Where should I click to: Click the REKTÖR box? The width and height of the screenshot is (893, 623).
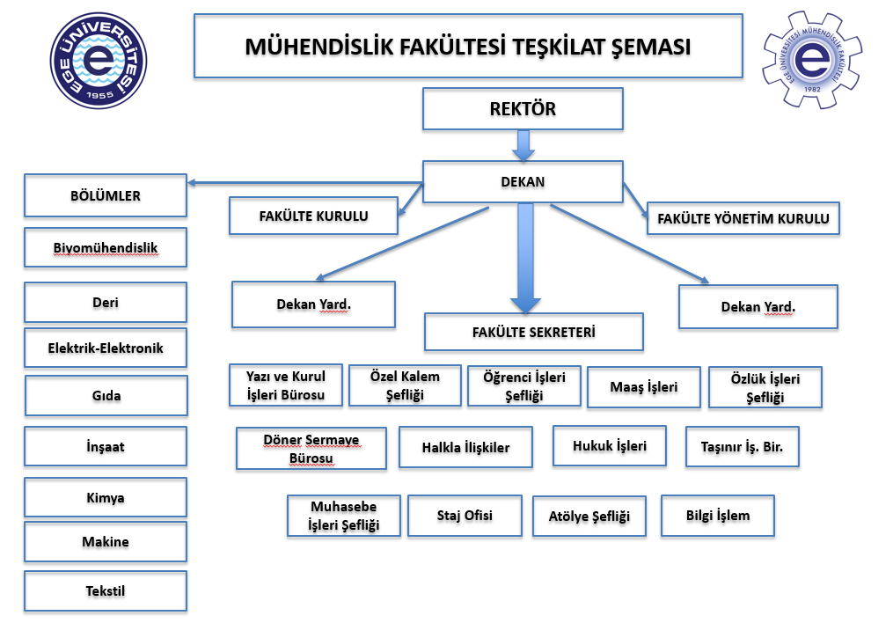(523, 110)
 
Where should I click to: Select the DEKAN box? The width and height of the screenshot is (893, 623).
(523, 182)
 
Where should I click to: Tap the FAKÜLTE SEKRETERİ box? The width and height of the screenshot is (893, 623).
(534, 333)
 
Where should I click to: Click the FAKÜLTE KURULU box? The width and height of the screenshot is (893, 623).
(313, 216)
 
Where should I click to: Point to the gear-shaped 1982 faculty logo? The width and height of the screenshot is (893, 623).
(812, 60)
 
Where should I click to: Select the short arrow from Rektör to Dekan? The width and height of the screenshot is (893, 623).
(523, 145)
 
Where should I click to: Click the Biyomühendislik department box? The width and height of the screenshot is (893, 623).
(106, 248)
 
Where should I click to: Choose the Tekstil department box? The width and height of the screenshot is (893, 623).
(106, 591)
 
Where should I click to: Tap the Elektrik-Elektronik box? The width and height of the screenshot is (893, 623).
(106, 348)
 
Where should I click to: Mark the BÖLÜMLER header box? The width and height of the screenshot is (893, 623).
(106, 195)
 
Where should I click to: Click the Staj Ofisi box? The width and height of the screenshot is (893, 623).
(465, 516)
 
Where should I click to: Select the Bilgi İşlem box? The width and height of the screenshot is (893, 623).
(718, 516)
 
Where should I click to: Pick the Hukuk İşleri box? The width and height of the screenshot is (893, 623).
(610, 446)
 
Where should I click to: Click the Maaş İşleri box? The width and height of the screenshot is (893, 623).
(644, 387)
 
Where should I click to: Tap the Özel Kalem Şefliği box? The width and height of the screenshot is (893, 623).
(405, 385)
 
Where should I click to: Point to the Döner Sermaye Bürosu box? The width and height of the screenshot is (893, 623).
(311, 449)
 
